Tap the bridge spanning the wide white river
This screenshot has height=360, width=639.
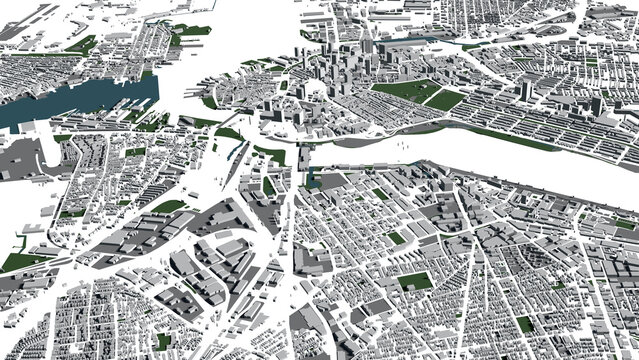click(304, 156)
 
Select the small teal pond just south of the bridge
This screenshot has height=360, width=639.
click(311, 180)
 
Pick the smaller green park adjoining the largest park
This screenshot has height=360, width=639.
click(446, 100)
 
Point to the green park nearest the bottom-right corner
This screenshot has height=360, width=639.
click(524, 324)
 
